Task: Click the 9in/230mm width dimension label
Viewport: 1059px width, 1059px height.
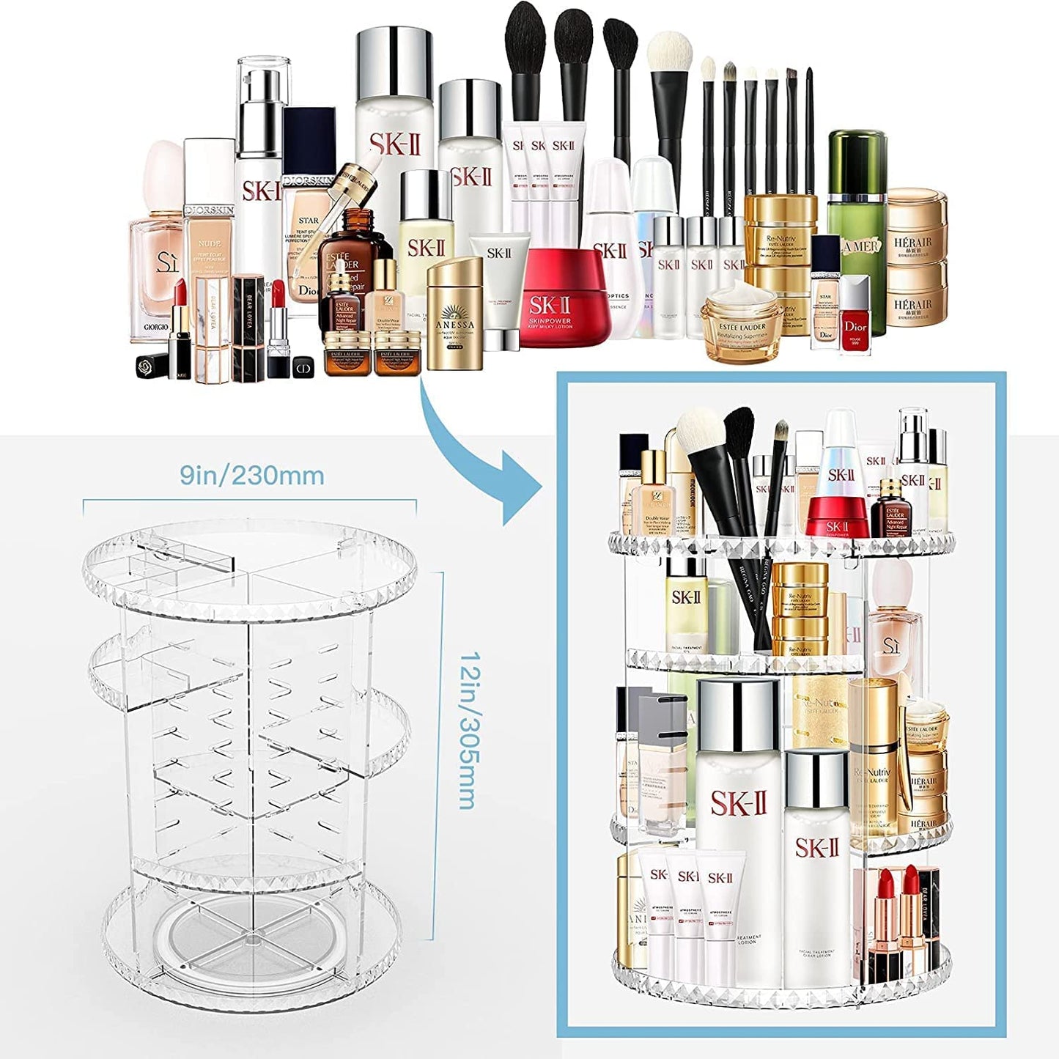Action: click(252, 476)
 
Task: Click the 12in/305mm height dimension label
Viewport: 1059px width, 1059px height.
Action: click(466, 730)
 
